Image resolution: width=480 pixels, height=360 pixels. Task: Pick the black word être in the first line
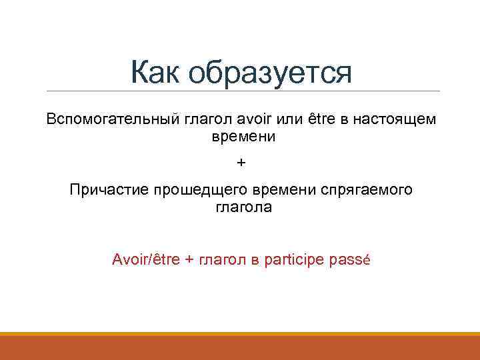tap(319, 119)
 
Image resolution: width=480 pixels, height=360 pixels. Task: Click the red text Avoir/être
tap(146, 259)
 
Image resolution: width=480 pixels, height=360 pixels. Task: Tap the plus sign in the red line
tap(189, 259)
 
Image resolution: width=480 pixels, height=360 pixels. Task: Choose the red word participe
tap(294, 259)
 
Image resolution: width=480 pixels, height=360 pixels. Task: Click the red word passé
tap(349, 259)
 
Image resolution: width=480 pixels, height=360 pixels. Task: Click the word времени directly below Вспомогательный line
tap(243, 137)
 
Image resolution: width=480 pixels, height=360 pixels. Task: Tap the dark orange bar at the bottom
tap(240, 347)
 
